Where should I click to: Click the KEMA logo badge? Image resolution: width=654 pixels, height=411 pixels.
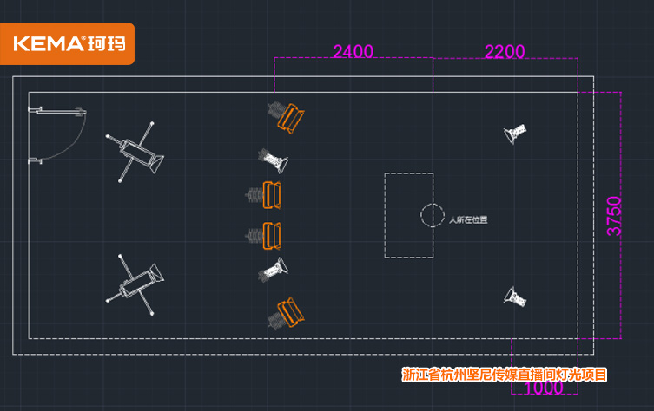coord(67,43)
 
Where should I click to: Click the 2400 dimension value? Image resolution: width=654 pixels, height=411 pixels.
coord(353,52)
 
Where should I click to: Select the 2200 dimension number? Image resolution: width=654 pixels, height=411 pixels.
coord(505,52)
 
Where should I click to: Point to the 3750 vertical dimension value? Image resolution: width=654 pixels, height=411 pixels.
coord(614,216)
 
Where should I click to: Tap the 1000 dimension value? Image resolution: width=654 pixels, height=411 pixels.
coord(543,388)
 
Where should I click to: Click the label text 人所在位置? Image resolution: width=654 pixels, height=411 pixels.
coord(468,219)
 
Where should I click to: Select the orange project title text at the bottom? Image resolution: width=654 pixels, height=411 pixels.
coord(505,375)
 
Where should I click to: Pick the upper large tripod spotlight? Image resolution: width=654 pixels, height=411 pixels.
coord(135,152)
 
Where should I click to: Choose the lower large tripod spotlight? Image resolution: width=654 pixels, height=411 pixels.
coord(135,284)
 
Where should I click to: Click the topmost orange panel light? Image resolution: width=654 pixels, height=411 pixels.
coord(291,119)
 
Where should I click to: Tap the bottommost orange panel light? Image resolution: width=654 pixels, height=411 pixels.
coord(291,312)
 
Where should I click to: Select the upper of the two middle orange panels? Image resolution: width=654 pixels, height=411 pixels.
coord(272,195)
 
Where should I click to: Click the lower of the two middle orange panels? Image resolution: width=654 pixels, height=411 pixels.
coord(272,236)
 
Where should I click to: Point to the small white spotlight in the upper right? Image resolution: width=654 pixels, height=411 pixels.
coord(515,134)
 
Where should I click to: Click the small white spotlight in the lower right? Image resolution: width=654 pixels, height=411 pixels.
coord(515,297)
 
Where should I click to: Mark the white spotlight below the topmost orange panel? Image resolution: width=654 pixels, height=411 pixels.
coord(273,160)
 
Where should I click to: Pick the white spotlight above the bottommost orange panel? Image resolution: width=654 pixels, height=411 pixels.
coord(273,270)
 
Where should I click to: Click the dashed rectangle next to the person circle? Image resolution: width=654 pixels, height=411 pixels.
coord(385,215)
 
